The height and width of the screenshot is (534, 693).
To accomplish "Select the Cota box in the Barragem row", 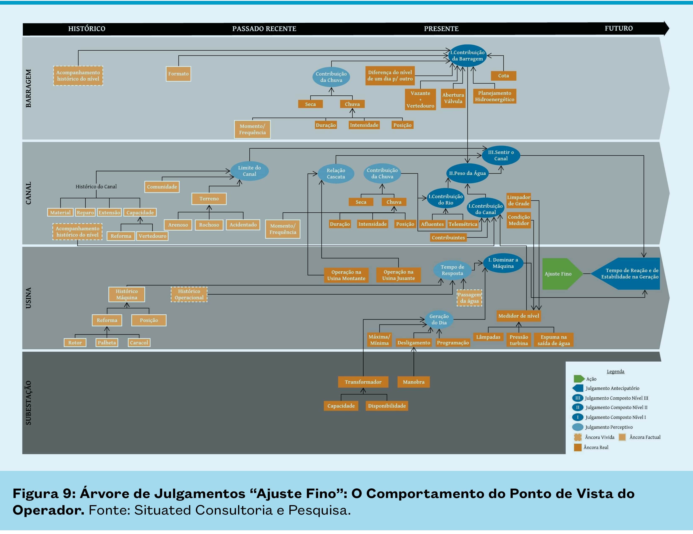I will tap(503, 76).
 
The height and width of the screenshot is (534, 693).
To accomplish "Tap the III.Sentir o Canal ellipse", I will tap(501, 155).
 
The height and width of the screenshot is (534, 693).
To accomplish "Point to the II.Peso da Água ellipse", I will tap(467, 173).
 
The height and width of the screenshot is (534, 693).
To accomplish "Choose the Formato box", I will tap(178, 74).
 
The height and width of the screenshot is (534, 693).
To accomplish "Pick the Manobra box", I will tap(413, 382).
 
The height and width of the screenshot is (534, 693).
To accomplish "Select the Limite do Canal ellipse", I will tap(249, 171).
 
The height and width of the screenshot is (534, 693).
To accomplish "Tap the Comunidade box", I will tap(162, 187).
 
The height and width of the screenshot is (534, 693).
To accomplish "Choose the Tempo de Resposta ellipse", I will tap(452, 270).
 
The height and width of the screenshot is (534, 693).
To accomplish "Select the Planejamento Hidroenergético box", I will tap(494, 96).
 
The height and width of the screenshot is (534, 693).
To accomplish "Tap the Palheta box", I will tap(107, 343).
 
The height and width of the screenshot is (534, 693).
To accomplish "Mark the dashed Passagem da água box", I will tap(469, 298).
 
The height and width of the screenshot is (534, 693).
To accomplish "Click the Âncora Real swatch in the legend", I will tap(578, 447).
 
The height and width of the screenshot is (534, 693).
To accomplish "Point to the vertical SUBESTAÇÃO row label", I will tap(28, 402).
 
